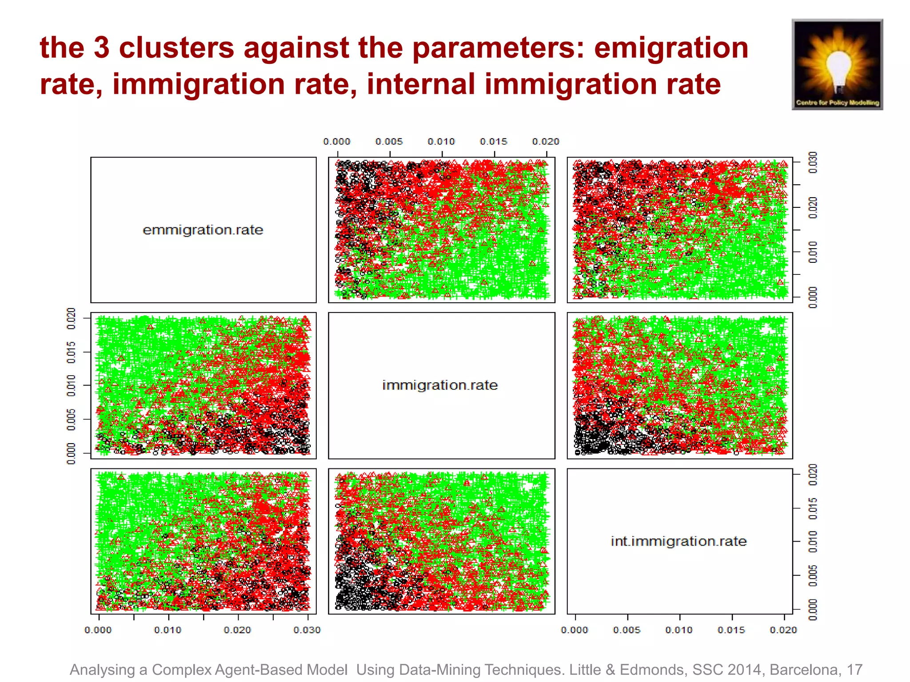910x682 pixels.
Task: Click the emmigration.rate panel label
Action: pyautogui.click(x=203, y=230)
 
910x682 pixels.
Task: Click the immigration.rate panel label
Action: pyautogui.click(x=440, y=385)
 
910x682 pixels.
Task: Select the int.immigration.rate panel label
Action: pyautogui.click(x=679, y=541)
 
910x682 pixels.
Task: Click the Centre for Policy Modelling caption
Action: pyautogui.click(x=838, y=103)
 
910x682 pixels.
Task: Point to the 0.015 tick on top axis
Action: pyautogui.click(x=493, y=142)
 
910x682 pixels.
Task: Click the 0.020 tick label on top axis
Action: pyautogui.click(x=545, y=142)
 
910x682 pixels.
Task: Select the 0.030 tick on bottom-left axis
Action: pyautogui.click(x=307, y=630)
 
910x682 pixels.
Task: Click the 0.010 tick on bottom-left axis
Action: pyautogui.click(x=168, y=630)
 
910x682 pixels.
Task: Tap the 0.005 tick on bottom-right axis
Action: pyautogui.click(x=627, y=630)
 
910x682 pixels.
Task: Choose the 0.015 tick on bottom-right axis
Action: pyautogui.click(x=731, y=630)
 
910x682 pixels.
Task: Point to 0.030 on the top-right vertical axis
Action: pyautogui.click(x=813, y=163)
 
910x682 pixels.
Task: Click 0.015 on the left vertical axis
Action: pyautogui.click(x=71, y=352)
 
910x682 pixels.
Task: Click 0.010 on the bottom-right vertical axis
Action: pyautogui.click(x=813, y=541)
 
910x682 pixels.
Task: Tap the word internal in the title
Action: pyautogui.click(x=421, y=84)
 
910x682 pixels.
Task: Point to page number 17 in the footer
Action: pyautogui.click(x=854, y=670)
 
